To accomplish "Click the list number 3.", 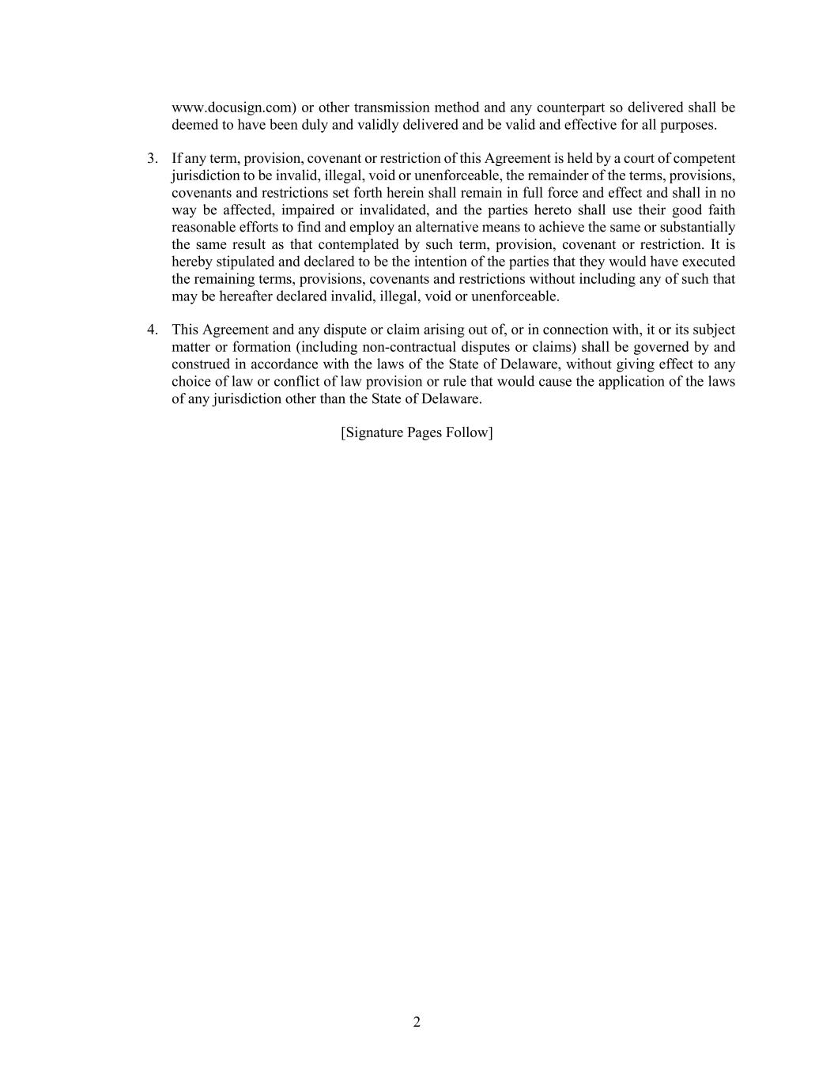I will pyautogui.click(x=152, y=158).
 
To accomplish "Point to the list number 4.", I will pyautogui.click(x=152, y=330).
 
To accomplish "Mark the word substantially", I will pyautogui.click(x=696, y=228).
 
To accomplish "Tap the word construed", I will pyautogui.click(x=199, y=364).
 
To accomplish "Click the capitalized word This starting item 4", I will pyautogui.click(x=185, y=330).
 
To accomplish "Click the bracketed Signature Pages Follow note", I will pyautogui.click(x=417, y=432).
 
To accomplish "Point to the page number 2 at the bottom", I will pyautogui.click(x=417, y=1023).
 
